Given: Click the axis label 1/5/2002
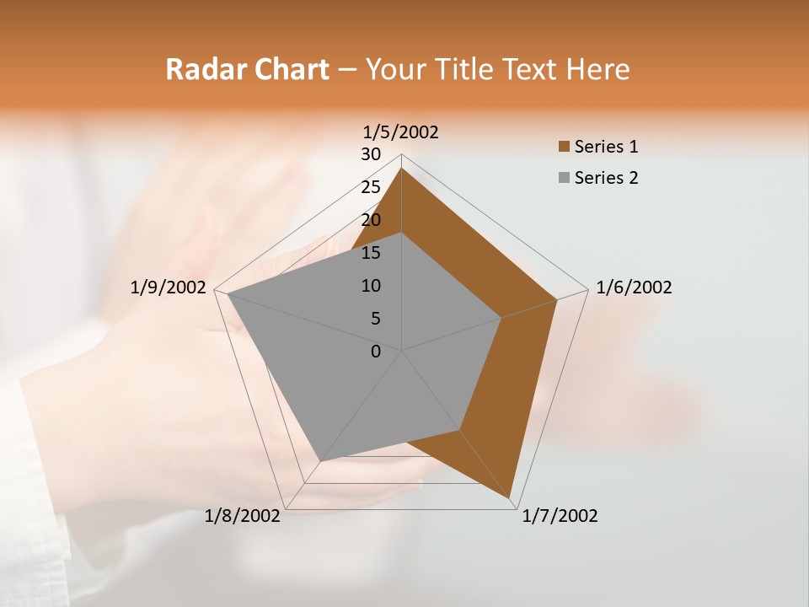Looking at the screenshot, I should [401, 132].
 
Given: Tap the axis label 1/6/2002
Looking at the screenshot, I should [634, 287].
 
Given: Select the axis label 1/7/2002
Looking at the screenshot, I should [560, 516].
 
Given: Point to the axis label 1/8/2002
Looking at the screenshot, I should [243, 516].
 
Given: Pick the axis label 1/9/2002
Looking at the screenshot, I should [169, 287].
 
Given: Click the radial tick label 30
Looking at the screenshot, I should [371, 154].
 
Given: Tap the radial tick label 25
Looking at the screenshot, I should [371, 187].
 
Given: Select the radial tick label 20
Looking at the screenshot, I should [371, 220].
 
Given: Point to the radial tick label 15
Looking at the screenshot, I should [371, 253].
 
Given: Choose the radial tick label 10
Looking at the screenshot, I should [371, 286].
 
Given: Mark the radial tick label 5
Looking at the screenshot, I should [375, 319].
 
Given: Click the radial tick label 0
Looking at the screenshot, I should [376, 352].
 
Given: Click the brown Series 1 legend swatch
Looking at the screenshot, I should [564, 148].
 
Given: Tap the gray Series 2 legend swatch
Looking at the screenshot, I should [564, 178].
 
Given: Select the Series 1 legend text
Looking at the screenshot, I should [606, 147].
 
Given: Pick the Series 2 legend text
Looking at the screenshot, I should [606, 178].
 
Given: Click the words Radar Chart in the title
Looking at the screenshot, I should [247, 69].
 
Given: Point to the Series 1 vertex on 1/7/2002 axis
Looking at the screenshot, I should [511, 498].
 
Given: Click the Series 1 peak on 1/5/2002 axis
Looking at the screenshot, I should [402, 169].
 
